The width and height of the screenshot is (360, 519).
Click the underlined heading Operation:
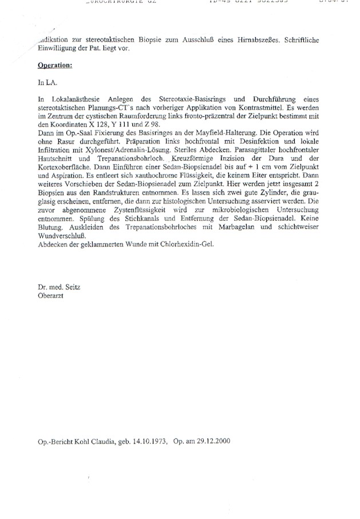(55, 66)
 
